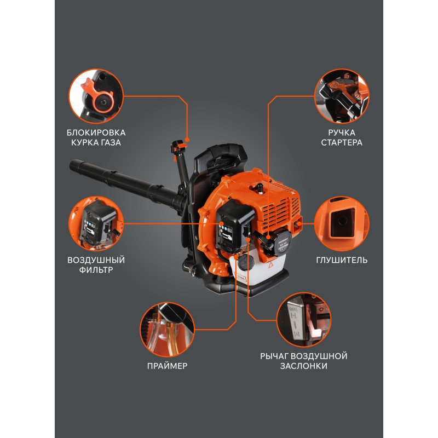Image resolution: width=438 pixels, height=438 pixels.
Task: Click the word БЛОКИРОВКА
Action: click(x=96, y=132)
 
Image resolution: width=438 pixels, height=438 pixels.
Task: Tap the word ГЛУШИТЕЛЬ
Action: click(x=342, y=260)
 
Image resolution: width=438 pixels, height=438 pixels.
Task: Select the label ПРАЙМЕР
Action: click(x=168, y=366)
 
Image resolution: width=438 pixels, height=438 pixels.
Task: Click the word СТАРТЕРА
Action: click(x=341, y=142)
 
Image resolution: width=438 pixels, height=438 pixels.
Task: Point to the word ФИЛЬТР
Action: click(x=96, y=270)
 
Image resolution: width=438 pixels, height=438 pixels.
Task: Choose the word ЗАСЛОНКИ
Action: click(x=304, y=366)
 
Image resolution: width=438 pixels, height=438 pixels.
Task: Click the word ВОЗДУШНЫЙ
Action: click(x=96, y=260)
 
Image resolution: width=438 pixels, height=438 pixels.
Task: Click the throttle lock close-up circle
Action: click(x=96, y=96)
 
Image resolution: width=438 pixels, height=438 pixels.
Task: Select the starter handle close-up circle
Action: click(x=342, y=96)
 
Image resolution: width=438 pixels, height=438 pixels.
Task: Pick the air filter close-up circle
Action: click(x=96, y=224)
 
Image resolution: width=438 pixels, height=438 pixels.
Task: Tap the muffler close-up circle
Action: click(x=342, y=224)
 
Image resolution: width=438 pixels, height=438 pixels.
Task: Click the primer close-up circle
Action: click(x=168, y=330)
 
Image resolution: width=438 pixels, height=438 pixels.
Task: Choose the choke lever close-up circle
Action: click(x=304, y=320)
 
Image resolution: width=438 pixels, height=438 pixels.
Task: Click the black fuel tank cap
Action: click(x=246, y=262)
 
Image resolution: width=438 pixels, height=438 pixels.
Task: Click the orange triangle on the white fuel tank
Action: click(x=270, y=265)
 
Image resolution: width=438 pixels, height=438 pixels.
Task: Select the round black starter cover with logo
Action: click(x=283, y=242)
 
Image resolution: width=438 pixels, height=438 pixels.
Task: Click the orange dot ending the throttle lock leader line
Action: click(x=187, y=140)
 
